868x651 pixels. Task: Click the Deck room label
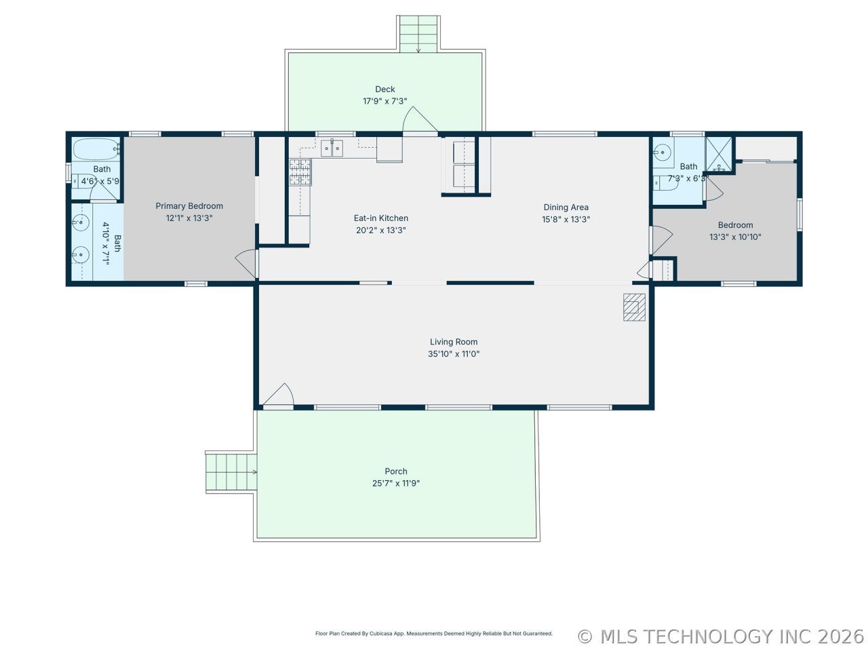[x=384, y=90]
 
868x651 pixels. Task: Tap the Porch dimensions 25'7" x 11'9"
[x=395, y=483]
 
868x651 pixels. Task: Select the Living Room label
[x=454, y=342]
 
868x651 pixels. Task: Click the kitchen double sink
[x=332, y=149]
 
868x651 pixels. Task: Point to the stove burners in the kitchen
[x=300, y=172]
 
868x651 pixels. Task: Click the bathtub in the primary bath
[x=97, y=149]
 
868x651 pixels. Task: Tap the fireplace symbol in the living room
[x=634, y=307]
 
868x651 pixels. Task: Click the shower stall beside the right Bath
[x=719, y=154]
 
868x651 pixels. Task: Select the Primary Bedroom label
[x=189, y=206]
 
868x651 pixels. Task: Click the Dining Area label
[x=566, y=207]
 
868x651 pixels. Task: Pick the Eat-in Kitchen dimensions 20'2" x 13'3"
[x=381, y=230]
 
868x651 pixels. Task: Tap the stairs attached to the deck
[x=418, y=34]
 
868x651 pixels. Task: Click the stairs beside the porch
[x=231, y=473]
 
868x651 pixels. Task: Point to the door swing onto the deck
[x=420, y=119]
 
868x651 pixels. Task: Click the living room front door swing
[x=279, y=394]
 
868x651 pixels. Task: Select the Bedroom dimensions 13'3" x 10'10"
[x=735, y=237]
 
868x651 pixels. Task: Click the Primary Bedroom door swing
[x=246, y=263]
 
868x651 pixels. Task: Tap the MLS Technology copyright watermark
[x=720, y=637]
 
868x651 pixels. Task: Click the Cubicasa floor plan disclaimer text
[x=434, y=633]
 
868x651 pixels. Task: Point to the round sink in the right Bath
[x=663, y=152]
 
